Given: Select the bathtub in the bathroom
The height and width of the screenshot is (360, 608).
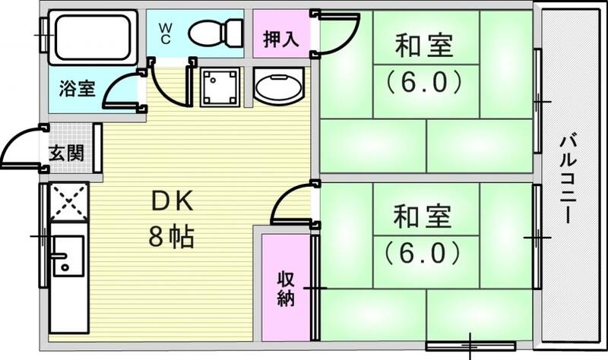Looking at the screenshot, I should (92, 36).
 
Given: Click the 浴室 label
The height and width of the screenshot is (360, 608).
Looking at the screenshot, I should (77, 87).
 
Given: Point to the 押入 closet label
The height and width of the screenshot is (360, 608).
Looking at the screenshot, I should (280, 39).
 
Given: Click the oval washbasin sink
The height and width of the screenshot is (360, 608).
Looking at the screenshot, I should (279, 88).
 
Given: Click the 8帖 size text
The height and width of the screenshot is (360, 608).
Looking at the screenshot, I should (172, 238).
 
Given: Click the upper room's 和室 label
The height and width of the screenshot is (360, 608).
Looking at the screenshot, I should (423, 47).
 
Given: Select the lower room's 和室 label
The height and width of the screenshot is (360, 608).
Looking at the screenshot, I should (423, 217).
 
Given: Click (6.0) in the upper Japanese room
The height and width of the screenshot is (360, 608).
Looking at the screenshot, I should (423, 81).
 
